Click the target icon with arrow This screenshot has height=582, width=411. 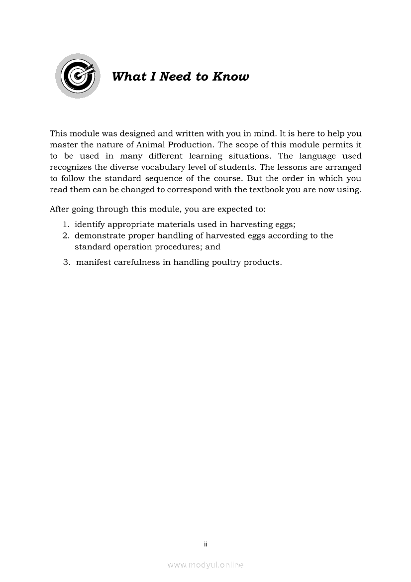78,76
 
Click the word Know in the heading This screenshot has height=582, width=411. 230,77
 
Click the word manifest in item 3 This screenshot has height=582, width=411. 94,262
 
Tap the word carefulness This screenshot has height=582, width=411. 136,262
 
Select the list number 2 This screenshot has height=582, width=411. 65,235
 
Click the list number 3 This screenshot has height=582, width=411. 66,262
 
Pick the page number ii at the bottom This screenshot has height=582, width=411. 205,544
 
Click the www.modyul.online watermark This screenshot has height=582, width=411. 205,565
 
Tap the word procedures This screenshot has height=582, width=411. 175,247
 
